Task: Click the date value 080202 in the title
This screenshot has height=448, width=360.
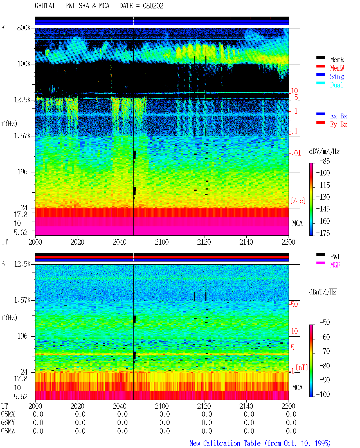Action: point(153,6)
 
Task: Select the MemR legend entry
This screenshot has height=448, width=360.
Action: point(337,60)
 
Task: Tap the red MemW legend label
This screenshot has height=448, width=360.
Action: point(337,68)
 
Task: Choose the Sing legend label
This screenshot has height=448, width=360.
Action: point(337,76)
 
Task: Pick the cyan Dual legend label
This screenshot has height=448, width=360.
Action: point(337,85)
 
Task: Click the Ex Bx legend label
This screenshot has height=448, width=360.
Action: point(339,116)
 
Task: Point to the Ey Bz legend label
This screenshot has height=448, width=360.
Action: point(339,125)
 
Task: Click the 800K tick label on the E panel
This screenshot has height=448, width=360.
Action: point(24,28)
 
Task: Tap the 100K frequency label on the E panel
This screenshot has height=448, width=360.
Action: point(24,64)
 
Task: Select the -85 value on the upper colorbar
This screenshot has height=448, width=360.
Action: point(325,161)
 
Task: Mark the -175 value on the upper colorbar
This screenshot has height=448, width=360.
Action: point(323,233)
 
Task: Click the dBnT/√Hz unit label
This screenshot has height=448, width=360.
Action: point(323,292)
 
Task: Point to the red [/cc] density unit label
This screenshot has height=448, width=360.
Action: point(298,201)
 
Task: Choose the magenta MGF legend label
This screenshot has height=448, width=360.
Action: point(335,265)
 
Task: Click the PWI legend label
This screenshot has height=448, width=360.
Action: point(335,256)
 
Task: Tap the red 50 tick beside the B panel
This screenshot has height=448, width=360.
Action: point(294,305)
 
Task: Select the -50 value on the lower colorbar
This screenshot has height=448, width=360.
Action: point(325,323)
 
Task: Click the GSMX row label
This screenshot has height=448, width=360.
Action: point(8,414)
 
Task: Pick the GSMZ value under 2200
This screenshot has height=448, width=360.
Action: point(291,431)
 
